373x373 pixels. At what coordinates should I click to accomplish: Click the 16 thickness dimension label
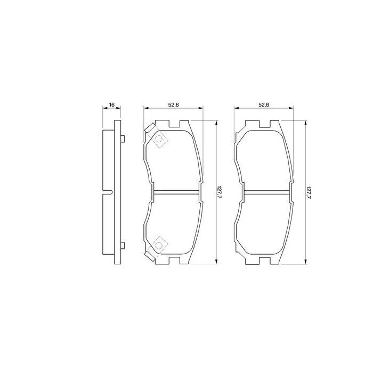(x=112, y=104)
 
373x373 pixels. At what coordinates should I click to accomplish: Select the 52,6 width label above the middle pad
(x=173, y=104)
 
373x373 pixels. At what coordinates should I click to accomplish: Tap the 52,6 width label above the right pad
(x=263, y=104)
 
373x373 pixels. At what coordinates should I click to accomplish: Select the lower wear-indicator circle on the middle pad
(x=158, y=244)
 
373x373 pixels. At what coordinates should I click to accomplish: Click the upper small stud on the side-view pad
(x=123, y=139)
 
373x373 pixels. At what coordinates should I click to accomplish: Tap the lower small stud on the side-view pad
(x=123, y=245)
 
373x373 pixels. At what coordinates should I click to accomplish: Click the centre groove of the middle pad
(x=174, y=192)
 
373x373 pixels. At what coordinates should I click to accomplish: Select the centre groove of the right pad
(x=264, y=192)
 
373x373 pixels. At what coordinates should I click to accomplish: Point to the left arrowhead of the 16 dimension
(x=104, y=109)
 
